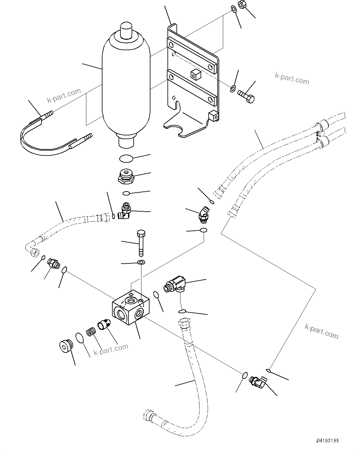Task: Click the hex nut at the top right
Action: (242, 5)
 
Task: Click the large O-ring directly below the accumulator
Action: (126, 158)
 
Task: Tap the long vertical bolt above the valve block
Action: (141, 243)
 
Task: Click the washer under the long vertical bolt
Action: (141, 263)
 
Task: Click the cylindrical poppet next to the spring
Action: (103, 325)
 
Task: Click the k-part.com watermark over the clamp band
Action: (64, 95)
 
